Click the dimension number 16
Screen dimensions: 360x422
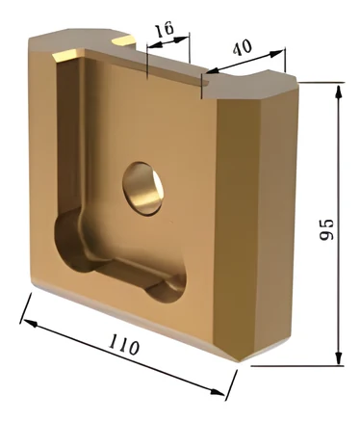coord(165,29)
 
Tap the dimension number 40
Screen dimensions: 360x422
coord(242,48)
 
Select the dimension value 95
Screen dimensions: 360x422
coord(326,229)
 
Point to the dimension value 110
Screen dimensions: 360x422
coord(124,344)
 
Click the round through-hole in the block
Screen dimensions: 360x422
coord(142,189)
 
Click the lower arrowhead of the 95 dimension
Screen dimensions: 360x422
coord(338,357)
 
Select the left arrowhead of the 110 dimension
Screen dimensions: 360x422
coord(30,323)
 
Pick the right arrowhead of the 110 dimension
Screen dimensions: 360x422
coord(217,392)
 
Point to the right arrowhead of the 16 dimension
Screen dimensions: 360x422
coord(181,40)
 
